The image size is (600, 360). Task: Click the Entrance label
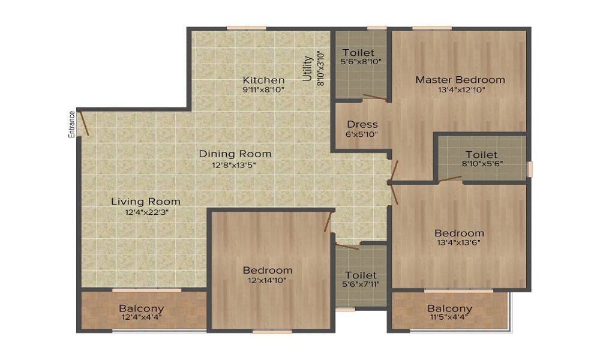(71, 124)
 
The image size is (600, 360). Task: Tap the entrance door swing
(84, 123)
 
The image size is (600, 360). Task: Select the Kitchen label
(263, 80)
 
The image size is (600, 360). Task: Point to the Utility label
(308, 68)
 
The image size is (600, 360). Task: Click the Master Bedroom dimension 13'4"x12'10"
(461, 90)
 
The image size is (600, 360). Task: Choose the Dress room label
(362, 124)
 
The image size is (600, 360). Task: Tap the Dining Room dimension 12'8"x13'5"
(234, 165)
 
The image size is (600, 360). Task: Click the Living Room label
(146, 201)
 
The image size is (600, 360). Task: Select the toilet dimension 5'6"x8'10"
(361, 61)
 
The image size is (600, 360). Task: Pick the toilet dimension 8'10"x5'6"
(482, 163)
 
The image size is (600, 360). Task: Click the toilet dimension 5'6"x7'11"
(361, 284)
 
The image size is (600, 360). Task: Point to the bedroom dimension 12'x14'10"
(267, 280)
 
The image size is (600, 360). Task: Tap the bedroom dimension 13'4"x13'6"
(459, 242)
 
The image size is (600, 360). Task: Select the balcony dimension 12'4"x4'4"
(142, 317)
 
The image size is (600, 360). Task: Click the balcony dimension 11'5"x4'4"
(449, 317)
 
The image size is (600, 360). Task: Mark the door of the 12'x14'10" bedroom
(328, 221)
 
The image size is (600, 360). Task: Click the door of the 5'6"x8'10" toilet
(374, 97)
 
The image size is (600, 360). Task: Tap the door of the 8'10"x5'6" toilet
(450, 179)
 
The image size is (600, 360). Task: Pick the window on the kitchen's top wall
(246, 28)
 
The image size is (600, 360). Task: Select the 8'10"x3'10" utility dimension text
(320, 69)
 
